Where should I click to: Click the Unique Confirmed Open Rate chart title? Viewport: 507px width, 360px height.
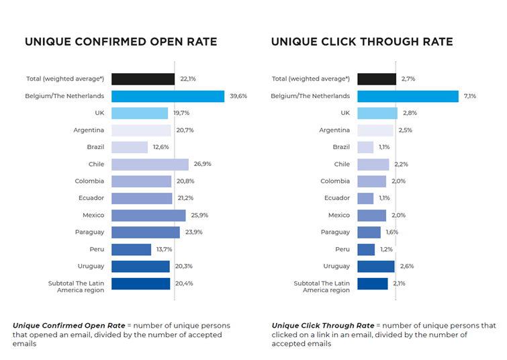click(121, 42)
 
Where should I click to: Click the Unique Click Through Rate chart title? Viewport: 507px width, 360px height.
click(362, 42)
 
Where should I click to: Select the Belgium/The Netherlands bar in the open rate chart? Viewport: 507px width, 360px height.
click(167, 96)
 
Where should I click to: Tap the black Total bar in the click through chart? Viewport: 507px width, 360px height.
click(376, 79)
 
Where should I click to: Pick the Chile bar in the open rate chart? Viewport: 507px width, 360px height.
click(150, 165)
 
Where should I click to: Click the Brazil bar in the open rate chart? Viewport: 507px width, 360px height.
click(129, 147)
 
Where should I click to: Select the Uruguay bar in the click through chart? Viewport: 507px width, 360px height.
click(375, 267)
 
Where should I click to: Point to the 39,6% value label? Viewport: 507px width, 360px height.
click(238, 96)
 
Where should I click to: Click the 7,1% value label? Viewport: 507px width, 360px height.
click(469, 96)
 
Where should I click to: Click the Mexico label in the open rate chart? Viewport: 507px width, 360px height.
click(93, 216)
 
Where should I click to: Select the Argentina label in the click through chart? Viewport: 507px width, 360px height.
click(334, 130)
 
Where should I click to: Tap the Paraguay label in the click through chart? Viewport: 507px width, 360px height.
click(334, 232)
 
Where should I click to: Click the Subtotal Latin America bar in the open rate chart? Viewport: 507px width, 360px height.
click(140, 283)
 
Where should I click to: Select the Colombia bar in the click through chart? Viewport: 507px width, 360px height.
click(371, 181)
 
